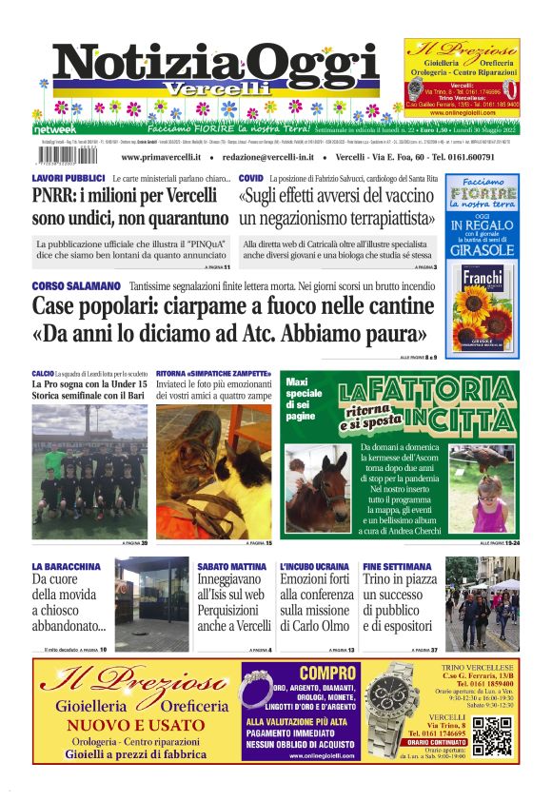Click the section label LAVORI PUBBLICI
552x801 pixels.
[x=68, y=179]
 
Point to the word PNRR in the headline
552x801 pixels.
[x=55, y=197]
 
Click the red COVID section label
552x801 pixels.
[x=250, y=179]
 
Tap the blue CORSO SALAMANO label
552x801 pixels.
[x=76, y=285]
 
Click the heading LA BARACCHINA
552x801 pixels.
[x=66, y=566]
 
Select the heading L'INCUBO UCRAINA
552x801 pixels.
[x=314, y=566]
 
